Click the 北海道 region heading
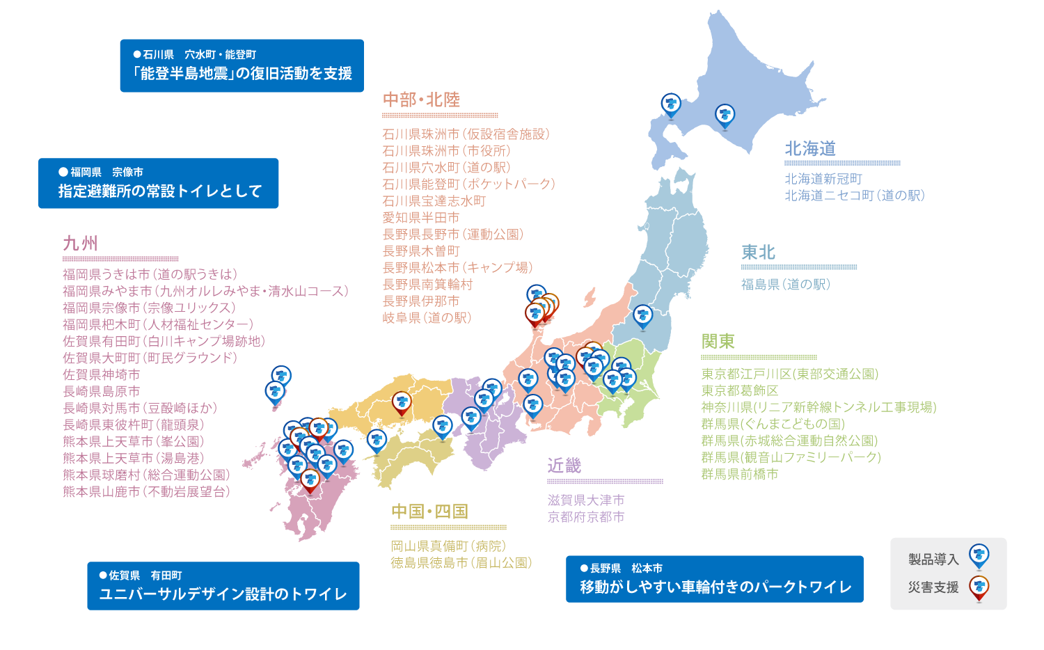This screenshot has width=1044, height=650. click(x=810, y=149)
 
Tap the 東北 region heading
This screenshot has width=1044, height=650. click(x=758, y=253)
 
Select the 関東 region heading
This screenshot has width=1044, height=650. click(x=718, y=342)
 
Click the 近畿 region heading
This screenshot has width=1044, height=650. click(x=564, y=466)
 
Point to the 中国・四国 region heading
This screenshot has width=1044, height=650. click(x=429, y=512)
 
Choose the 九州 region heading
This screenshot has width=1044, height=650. click(x=80, y=244)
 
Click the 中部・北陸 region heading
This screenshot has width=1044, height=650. click(x=421, y=100)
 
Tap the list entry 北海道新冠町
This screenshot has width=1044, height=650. click(x=823, y=180)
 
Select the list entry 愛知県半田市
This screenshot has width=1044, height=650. click(x=420, y=218)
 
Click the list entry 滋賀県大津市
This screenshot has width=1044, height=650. click(x=585, y=500)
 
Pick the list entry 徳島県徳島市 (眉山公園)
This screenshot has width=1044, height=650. click(x=461, y=563)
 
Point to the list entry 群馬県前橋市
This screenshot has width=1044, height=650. click(x=740, y=475)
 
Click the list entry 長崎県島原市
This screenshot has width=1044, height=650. click(x=101, y=392)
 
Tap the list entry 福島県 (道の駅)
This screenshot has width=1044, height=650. click(x=785, y=285)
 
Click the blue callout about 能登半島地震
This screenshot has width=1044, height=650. click(x=242, y=65)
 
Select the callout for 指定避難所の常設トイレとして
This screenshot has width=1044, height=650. click(x=159, y=183)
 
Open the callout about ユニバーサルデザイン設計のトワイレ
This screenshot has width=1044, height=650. click(x=223, y=586)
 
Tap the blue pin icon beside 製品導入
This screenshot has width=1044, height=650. click(x=979, y=557)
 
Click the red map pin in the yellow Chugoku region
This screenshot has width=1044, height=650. click(x=402, y=403)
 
